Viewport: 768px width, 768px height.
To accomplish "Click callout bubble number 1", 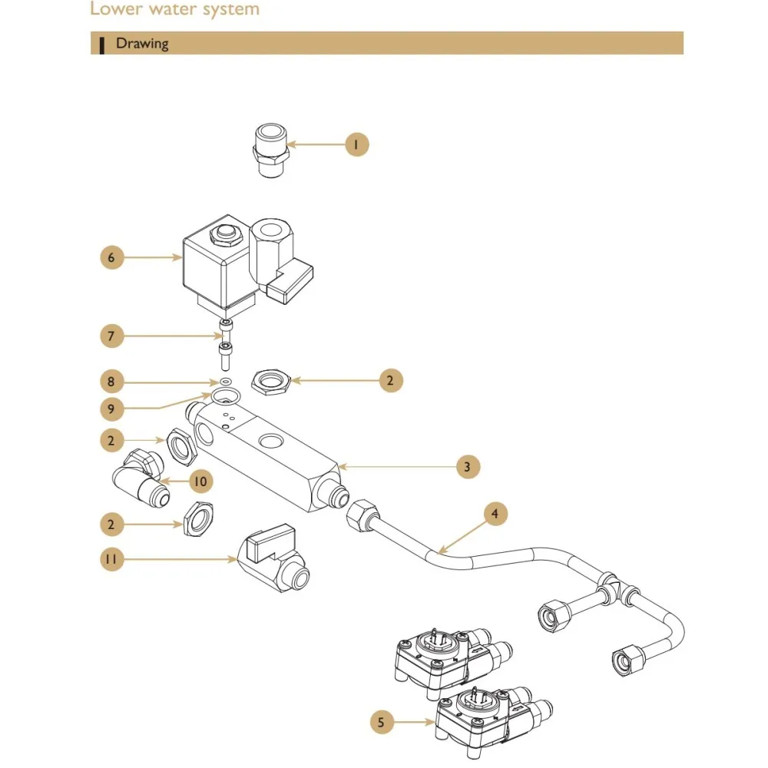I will (x=356, y=144).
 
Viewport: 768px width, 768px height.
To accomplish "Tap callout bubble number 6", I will (x=111, y=257).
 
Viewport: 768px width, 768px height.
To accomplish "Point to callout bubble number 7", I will (x=111, y=336).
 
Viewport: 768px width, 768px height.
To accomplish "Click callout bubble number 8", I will (x=111, y=380).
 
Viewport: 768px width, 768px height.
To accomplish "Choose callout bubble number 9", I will (x=111, y=407).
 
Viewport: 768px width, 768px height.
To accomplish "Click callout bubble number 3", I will (x=467, y=465).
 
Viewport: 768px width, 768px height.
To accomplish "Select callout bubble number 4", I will (x=495, y=514).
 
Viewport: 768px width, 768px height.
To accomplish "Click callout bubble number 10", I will (x=201, y=482).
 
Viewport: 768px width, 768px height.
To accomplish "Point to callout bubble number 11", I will (x=111, y=559).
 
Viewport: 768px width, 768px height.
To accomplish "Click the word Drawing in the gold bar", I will (x=141, y=43).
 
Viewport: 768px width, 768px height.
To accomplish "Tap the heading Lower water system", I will (x=174, y=10).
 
